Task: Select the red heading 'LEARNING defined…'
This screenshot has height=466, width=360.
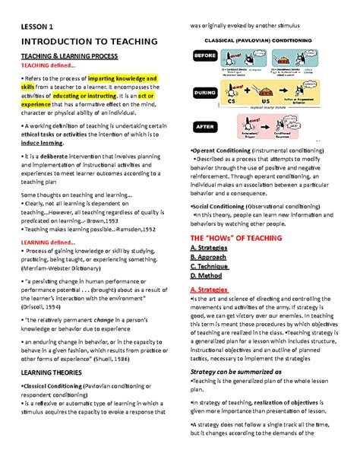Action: coord(49,243)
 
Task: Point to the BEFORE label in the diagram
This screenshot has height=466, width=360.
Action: coord(205,56)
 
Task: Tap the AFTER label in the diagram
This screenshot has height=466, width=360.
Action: coord(205,126)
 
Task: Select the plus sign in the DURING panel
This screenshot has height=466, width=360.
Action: coord(253,97)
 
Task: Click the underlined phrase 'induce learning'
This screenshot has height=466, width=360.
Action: coord(44,141)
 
